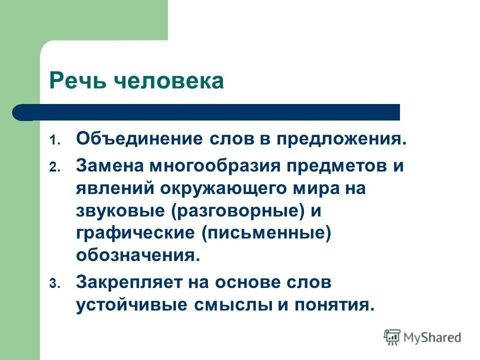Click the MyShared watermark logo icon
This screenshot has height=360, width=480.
pyautogui.click(x=393, y=337)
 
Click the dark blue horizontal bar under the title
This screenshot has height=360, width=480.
pyautogui.click(x=210, y=112)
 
